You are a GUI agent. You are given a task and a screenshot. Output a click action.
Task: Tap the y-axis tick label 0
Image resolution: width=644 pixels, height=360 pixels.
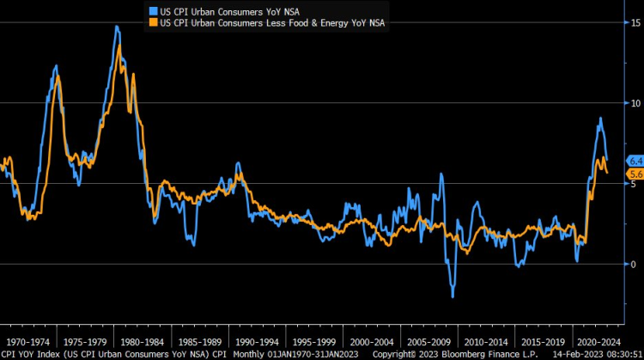(x=634, y=264)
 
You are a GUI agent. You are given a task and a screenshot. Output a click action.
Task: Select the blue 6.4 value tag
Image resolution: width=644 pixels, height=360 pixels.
(x=636, y=161)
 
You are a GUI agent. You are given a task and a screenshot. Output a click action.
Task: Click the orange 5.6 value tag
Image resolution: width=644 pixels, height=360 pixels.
(x=636, y=174)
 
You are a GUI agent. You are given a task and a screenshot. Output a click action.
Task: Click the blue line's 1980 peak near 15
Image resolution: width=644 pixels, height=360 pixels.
(x=116, y=27)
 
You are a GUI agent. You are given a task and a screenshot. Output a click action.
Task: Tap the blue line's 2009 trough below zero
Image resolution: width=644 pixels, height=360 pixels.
(x=453, y=296)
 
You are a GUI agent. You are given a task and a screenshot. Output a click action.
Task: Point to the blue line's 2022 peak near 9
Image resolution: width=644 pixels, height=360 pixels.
(x=600, y=119)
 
